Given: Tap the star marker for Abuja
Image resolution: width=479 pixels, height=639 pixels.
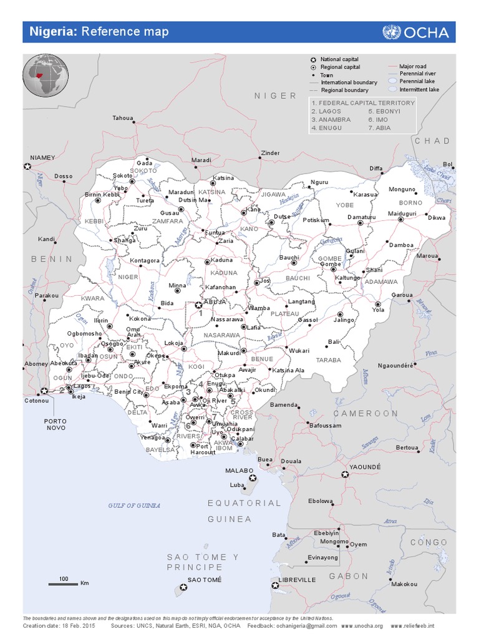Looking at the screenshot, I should pyautogui.click(x=199, y=305).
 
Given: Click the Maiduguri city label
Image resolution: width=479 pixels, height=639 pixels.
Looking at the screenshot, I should pyautogui.click(x=401, y=213).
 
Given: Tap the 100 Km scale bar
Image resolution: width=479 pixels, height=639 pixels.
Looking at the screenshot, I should pyautogui.click(x=64, y=583).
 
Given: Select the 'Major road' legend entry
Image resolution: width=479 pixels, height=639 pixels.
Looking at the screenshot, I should pyautogui.click(x=413, y=65).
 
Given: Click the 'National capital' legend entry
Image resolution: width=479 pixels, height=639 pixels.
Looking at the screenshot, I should pyautogui.click(x=339, y=59).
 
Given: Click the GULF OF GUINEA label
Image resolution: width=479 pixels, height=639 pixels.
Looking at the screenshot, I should pyautogui.click(x=134, y=505).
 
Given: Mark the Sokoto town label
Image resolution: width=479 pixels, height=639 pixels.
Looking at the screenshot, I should pyautogui.click(x=123, y=176).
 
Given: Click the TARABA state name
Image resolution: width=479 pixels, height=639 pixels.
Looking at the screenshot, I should pyautogui.click(x=329, y=360).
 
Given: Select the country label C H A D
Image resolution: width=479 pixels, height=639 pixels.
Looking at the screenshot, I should pyautogui.click(x=432, y=141).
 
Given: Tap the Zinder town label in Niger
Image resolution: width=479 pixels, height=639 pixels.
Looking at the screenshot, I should pyautogui.click(x=270, y=153).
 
